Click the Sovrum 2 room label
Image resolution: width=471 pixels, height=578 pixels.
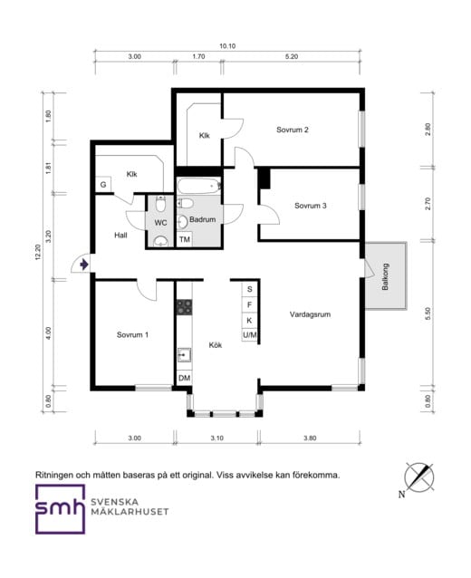pos(293,130)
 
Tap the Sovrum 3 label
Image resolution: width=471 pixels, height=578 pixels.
pos(311,206)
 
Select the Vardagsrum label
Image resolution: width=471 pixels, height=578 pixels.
pos(310,314)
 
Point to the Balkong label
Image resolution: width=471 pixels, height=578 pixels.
pos(385,276)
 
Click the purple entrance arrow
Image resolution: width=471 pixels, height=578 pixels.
pos(84,265)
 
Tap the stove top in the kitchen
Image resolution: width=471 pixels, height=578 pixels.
pos(184,307)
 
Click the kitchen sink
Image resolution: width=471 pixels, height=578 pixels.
pos(184,355)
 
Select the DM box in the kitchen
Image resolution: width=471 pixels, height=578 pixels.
pos(184,378)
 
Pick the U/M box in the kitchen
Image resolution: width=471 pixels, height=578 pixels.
pos(249,335)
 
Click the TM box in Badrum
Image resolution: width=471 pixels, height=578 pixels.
pos(184,239)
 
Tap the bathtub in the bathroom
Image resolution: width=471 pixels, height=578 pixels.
pos(198,187)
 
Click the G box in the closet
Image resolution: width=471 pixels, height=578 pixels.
pos(103,184)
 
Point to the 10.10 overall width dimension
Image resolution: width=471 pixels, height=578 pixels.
pos(227,46)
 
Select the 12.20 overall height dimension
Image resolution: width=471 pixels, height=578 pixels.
pos(38,252)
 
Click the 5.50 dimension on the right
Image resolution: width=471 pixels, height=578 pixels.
pos(428,313)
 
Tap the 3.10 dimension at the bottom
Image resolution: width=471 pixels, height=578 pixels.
pos(217,438)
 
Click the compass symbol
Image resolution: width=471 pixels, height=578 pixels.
pos(419,477)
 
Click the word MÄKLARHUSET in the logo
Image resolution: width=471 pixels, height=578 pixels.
pos(130,512)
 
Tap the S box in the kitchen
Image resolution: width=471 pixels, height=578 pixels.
pos(249,289)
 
